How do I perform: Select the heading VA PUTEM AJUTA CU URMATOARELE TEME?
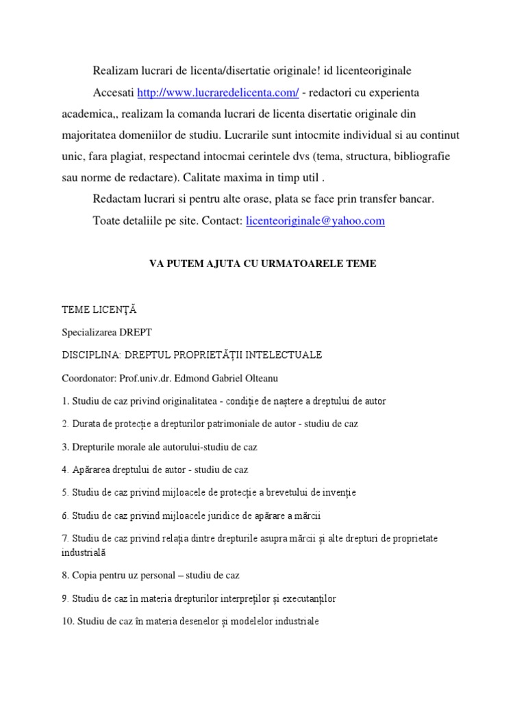pos(262,264)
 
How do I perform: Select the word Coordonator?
pos(88,378)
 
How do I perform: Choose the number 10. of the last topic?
pos(68,622)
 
